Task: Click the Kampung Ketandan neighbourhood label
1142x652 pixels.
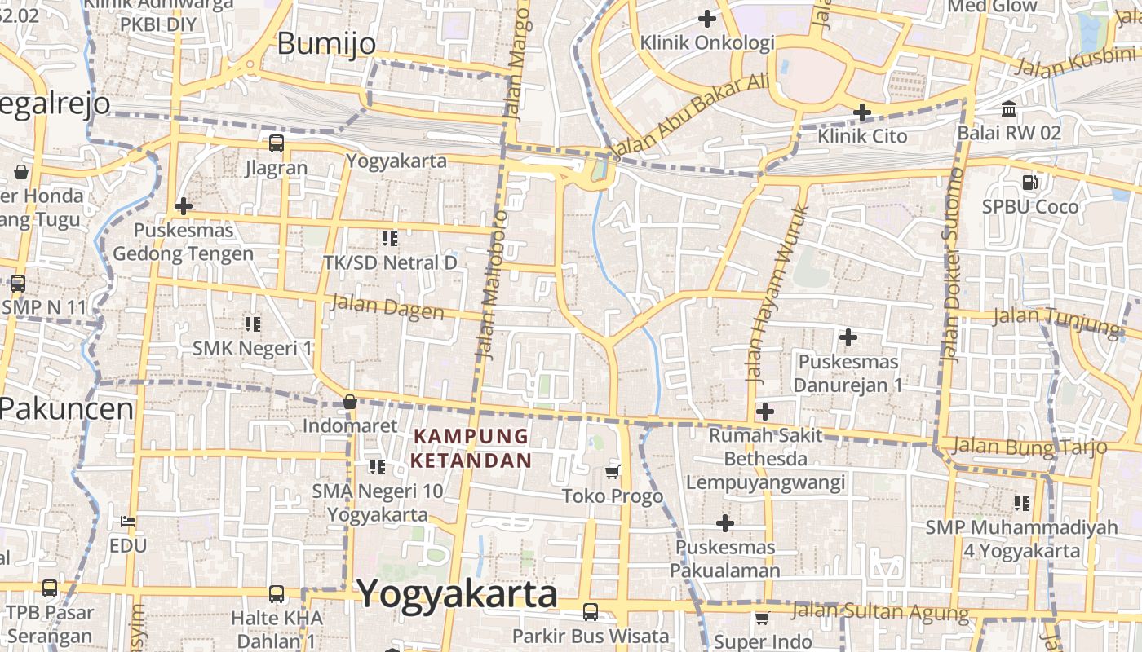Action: tap(471, 448)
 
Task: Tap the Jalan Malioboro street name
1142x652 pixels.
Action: tap(489, 285)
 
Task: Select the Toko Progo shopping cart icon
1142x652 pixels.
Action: tap(613, 472)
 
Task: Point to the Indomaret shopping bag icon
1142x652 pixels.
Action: tap(349, 402)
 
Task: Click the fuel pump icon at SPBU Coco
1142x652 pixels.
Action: tap(1030, 183)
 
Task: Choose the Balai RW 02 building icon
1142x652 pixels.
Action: tap(1009, 108)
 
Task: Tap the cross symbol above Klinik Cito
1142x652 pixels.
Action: tap(862, 112)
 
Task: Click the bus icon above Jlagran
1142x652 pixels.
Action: tap(277, 144)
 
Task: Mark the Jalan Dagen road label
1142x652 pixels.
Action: tap(387, 308)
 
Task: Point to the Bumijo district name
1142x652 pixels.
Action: tap(326, 43)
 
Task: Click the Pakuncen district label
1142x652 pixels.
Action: tap(67, 407)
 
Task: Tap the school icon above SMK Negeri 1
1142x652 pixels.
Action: tap(253, 324)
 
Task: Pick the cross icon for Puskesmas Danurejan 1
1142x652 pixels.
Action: tap(848, 337)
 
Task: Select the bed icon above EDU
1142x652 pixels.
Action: tap(128, 521)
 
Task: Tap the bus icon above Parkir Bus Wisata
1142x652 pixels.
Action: tap(591, 611)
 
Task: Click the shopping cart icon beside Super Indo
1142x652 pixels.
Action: tap(762, 619)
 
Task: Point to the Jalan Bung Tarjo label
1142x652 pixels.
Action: tap(1029, 446)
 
